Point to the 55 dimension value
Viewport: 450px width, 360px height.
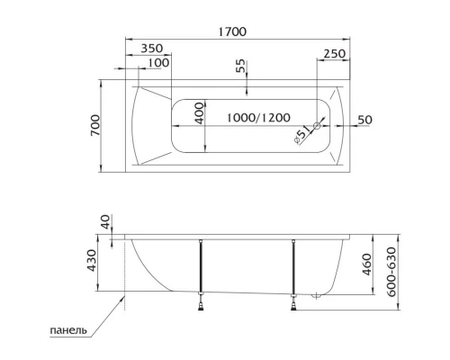click(240, 68)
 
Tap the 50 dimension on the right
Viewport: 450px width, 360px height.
click(365, 120)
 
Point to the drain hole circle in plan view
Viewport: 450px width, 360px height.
click(316, 126)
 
